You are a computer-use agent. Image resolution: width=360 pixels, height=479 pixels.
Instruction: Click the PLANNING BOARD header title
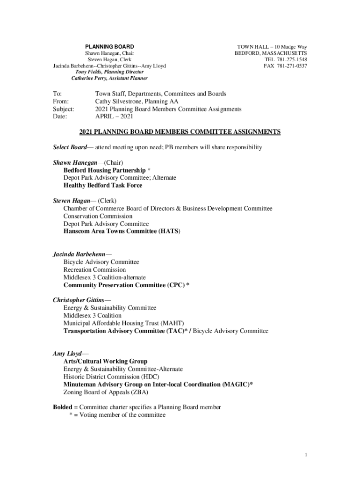(x=109, y=47)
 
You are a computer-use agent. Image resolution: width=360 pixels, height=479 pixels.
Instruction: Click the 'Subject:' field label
(x=64, y=109)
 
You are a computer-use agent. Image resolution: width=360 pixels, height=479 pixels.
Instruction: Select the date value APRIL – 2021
(x=114, y=116)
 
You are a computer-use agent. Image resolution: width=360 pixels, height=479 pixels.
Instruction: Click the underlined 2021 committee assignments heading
(x=180, y=132)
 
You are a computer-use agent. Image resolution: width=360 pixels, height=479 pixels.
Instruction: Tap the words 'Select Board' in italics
(x=70, y=147)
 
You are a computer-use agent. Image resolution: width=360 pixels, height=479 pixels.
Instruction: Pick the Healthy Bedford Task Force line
(x=103, y=185)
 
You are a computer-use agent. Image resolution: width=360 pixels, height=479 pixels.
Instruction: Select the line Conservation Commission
(x=98, y=216)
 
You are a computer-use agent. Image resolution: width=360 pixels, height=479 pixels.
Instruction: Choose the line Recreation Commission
(x=94, y=270)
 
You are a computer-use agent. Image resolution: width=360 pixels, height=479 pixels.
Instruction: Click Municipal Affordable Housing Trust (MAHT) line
(x=123, y=323)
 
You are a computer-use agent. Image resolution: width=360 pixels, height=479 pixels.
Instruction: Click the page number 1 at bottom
(x=305, y=455)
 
